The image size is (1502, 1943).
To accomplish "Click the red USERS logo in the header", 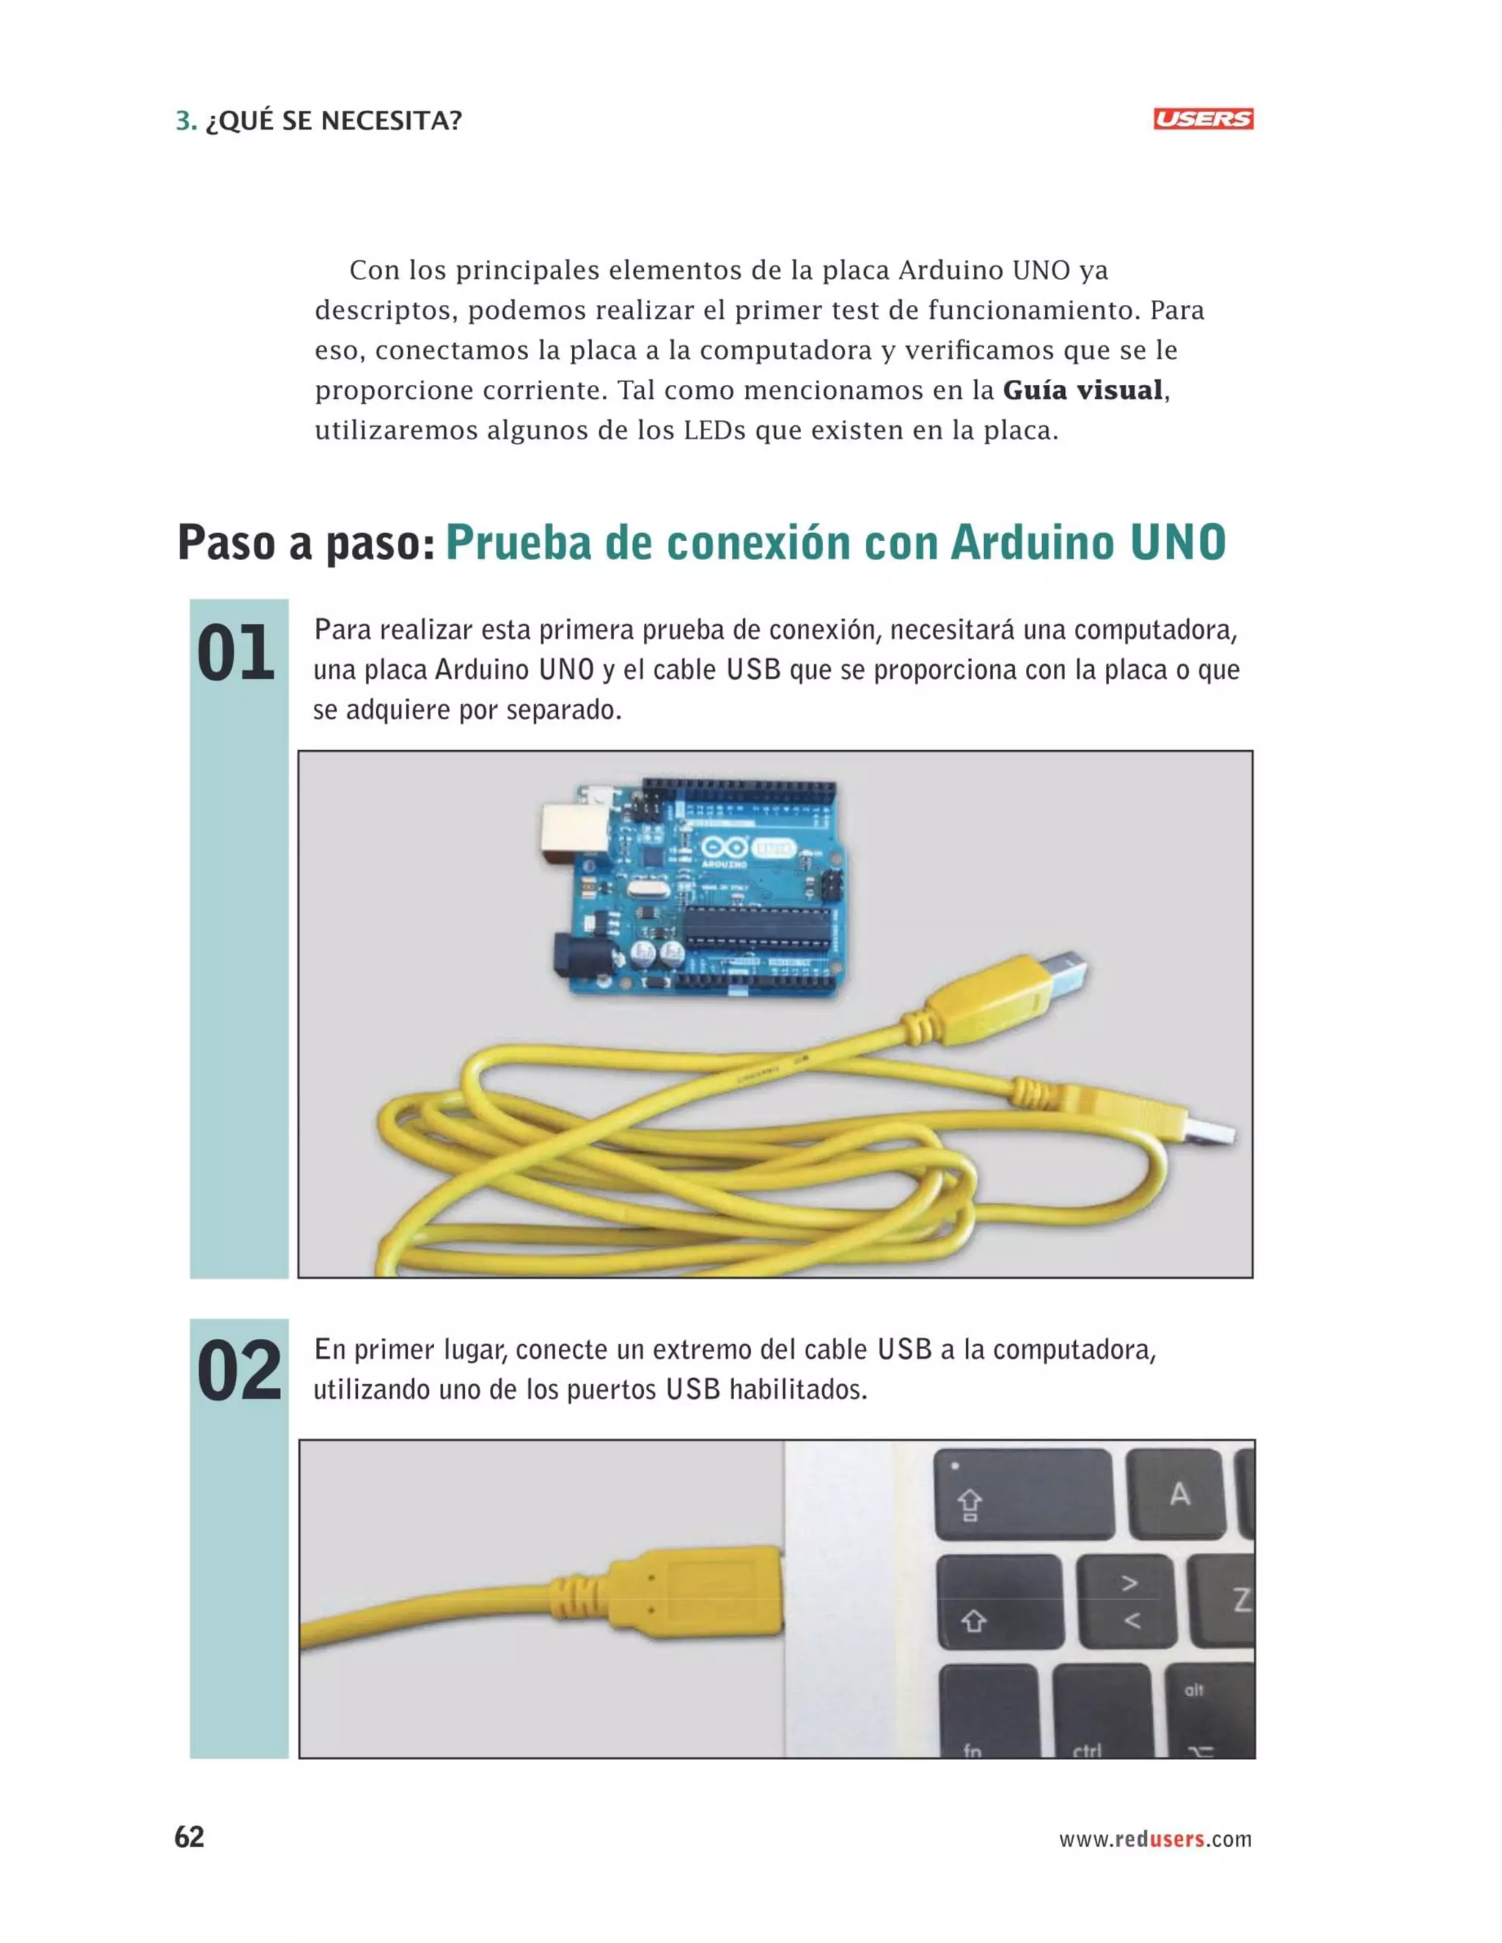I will (1202, 120).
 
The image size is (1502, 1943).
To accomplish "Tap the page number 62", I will (188, 1837).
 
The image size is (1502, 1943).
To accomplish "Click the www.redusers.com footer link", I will (1154, 1839).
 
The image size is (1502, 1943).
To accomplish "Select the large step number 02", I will (238, 1373).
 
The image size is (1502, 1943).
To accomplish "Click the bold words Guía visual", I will (1082, 389).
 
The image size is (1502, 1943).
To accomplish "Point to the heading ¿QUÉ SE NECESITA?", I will (333, 120).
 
